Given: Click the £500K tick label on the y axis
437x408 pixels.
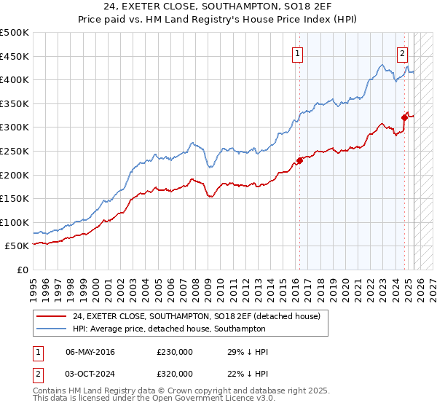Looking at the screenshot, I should point(15,33).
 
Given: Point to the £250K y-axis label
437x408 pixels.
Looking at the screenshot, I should point(15,151).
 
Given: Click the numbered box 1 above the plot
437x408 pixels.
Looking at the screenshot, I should point(299,52).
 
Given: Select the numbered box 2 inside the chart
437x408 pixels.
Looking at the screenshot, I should point(403,52).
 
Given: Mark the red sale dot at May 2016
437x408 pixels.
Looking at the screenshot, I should point(299,161).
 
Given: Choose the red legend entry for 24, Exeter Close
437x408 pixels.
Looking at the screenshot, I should point(201,315).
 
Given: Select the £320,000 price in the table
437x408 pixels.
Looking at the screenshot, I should point(175,373).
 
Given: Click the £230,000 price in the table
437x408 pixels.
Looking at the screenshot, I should point(175,352).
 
